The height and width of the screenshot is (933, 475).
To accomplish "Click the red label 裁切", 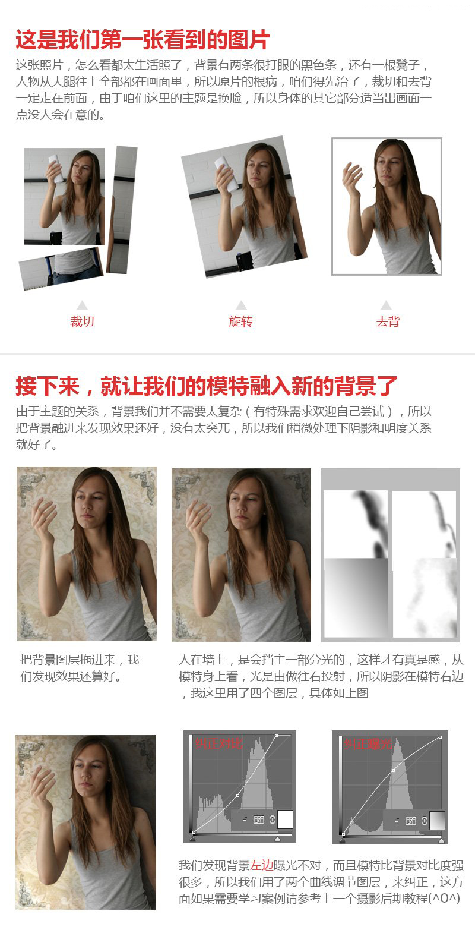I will (82, 321).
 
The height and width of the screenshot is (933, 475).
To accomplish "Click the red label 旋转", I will (240, 321).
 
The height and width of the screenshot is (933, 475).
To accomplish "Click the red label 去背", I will (388, 321).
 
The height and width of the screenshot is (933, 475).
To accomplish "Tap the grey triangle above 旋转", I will (240, 305).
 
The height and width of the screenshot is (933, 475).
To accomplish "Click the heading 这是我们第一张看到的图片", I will (142, 40).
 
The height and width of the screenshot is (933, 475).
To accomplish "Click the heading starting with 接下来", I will (206, 386).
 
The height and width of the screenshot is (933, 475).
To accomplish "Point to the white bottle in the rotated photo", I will (226, 172).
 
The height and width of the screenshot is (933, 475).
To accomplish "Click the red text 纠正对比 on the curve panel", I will (218, 743).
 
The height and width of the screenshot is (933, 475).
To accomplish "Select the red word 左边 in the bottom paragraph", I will (261, 866).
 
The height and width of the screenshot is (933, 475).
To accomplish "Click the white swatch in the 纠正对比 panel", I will (286, 819).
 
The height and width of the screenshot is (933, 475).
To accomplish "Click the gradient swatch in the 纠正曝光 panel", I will (436, 820).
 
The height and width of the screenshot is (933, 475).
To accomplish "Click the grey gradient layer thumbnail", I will (355, 597).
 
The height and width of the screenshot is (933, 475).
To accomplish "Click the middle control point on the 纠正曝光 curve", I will (393, 771).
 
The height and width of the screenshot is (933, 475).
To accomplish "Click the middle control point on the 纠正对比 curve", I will (238, 795).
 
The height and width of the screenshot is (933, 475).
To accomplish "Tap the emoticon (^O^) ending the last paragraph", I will (445, 899).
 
